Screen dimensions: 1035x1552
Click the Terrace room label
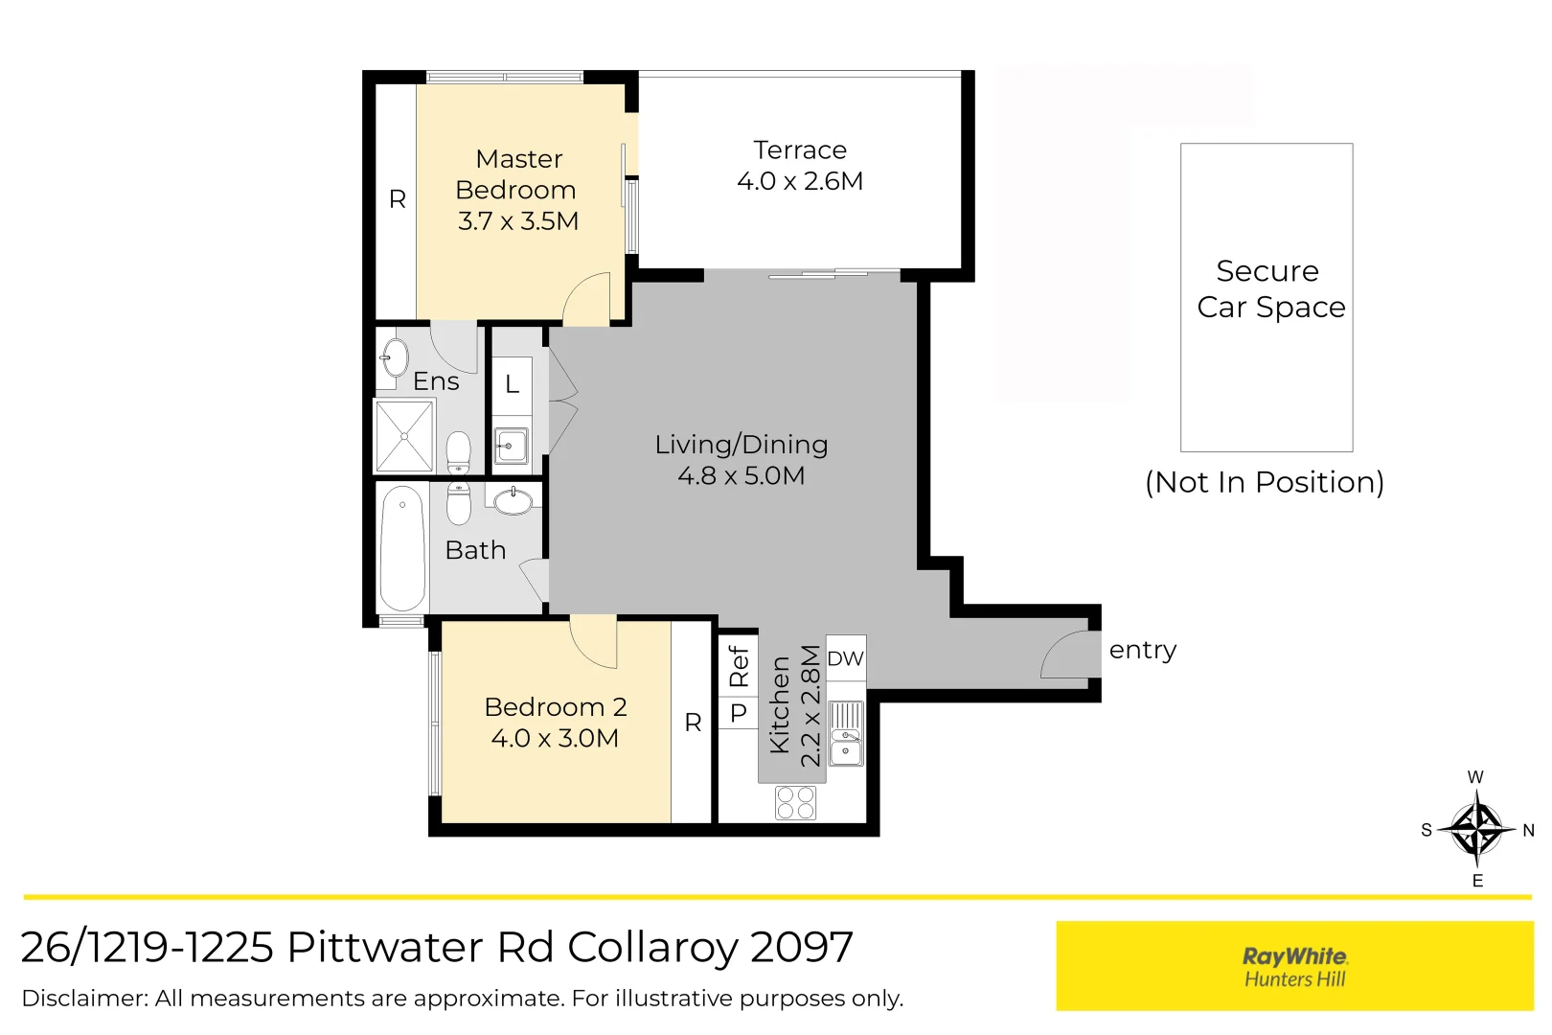800,150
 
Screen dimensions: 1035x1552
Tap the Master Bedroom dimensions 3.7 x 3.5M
518,221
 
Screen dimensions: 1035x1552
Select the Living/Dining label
742,445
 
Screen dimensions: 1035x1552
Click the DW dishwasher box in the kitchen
846,658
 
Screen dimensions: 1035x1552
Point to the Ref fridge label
739,666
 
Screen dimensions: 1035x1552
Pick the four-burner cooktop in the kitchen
795,803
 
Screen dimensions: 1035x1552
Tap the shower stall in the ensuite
404,436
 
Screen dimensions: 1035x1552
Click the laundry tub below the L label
512,446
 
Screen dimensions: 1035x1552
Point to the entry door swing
1065,655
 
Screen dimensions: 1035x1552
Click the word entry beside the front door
1142,651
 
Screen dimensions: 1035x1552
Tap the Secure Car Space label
1270,289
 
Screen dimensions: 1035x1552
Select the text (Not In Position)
1265,482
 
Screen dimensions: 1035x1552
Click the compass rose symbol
1476,829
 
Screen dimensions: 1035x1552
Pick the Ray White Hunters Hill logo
1294,966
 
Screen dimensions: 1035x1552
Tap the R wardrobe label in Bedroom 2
693,724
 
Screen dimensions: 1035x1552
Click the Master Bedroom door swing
587,300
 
